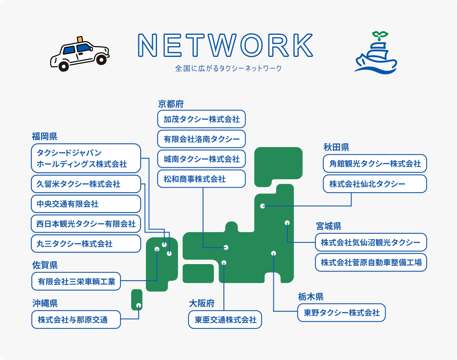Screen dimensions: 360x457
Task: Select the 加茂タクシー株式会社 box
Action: [201, 119]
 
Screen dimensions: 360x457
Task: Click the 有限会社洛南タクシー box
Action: [201, 139]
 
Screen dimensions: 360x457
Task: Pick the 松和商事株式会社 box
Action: [201, 179]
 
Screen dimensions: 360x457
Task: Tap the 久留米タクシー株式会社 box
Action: [86, 184]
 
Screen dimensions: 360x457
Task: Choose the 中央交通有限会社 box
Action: [86, 204]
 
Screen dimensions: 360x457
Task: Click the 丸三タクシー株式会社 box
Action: [86, 244]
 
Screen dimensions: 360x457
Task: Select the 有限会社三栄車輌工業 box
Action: [76, 282]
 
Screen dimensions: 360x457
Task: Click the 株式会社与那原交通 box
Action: [76, 320]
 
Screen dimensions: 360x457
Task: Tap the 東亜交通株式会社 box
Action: [225, 320]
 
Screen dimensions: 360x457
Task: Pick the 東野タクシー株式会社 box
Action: [342, 313]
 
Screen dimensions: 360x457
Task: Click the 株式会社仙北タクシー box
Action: [375, 184]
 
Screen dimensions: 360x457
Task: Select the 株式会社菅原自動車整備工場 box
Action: [371, 262]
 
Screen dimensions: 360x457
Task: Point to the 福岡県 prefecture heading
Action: [44, 136]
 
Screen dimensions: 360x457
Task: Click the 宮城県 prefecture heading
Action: [329, 226]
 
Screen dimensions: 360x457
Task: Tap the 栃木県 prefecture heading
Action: [311, 296]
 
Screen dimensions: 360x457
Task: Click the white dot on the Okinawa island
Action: [138, 306]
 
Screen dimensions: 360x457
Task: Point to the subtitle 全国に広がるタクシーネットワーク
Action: [228, 68]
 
